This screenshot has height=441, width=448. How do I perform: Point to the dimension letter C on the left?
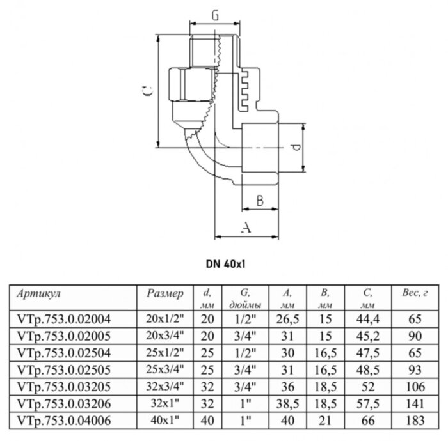tap(147, 92)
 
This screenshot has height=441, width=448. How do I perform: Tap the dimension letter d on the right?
tap(296, 148)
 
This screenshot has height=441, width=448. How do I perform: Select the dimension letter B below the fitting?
tap(260, 200)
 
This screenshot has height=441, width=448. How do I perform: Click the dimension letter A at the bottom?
tap(246, 227)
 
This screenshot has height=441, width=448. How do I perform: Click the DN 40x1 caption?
tap(227, 263)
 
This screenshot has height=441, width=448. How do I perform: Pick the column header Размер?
tap(165, 293)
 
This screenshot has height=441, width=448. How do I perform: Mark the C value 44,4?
tap(366, 317)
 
